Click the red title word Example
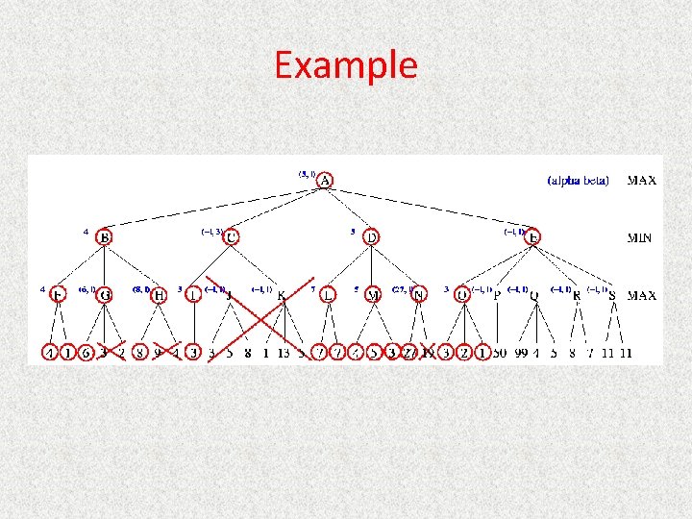346,65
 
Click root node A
326,181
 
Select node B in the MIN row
104,236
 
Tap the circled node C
232,236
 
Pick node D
372,236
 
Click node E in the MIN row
533,236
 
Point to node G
105,295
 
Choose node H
160,295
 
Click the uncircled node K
282,296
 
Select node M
373,295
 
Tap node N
418,295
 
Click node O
462,295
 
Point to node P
497,296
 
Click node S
612,296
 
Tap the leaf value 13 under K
284,353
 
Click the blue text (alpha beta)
578,180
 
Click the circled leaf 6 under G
86,353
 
